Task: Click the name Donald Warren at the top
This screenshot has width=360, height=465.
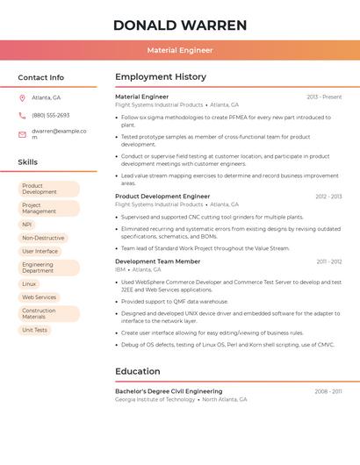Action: (180, 25)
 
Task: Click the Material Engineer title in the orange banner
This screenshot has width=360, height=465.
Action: (180, 50)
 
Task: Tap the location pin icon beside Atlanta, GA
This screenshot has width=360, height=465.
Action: (22, 97)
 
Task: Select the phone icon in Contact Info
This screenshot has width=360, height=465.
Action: (22, 115)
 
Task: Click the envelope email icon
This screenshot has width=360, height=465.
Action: (22, 134)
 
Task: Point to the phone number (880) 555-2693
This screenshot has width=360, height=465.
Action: (50, 115)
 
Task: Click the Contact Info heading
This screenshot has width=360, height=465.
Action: (40, 77)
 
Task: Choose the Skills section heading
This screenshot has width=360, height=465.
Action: (28, 162)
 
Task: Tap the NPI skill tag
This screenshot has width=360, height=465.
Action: (26, 225)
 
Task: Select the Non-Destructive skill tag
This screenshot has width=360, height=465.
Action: (43, 238)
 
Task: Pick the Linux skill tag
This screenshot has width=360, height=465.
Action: (29, 284)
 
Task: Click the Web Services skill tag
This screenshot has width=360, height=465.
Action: (40, 297)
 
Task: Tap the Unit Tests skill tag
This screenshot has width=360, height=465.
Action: (35, 330)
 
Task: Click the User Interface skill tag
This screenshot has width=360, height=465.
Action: (40, 251)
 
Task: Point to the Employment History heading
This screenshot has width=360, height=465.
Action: (161, 77)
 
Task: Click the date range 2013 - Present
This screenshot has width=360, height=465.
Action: (324, 97)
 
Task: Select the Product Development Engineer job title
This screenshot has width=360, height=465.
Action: (162, 197)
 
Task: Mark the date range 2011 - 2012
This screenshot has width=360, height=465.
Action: (329, 261)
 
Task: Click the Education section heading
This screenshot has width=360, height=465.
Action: (137, 371)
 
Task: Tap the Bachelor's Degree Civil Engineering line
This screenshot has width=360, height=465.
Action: (169, 391)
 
